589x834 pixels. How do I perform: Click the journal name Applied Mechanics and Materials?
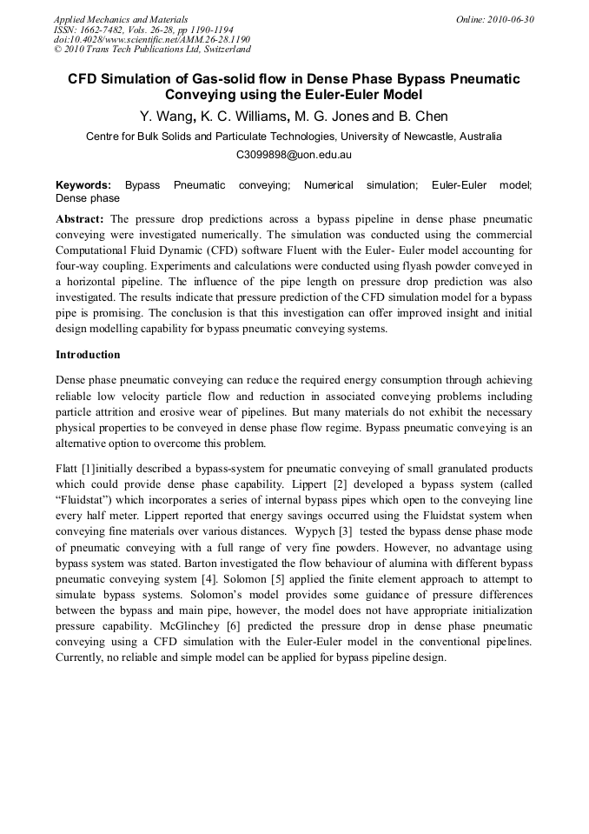point(120,19)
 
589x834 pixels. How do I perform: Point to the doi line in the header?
point(152,39)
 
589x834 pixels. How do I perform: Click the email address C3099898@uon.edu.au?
point(294,155)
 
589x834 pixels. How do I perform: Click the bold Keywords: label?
point(83,185)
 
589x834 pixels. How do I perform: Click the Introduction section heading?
point(88,355)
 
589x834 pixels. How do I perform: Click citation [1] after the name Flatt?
point(89,470)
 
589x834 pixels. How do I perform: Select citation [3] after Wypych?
point(345,532)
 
